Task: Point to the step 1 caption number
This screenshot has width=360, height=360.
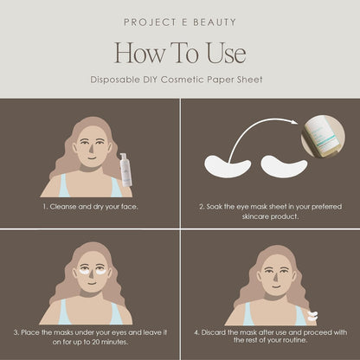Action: coord(44,208)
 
